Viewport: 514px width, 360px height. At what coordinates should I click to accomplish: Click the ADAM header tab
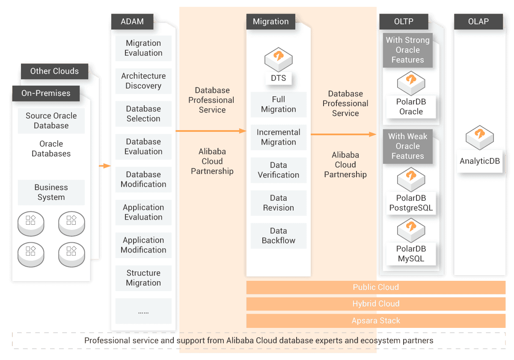tap(132, 21)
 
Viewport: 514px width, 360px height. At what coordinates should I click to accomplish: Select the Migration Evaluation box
tap(143, 48)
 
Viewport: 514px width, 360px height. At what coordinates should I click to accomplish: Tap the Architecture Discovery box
tap(143, 81)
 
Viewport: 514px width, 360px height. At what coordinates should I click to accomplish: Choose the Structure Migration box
tap(143, 278)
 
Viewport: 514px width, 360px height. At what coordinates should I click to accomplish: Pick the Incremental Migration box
tap(278, 137)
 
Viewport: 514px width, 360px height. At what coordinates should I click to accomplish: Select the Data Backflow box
tap(278, 236)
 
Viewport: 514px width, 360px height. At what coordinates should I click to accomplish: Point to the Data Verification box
tap(278, 170)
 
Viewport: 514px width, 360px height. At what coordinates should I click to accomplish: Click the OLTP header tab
tap(404, 21)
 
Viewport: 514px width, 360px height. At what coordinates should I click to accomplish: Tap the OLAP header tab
tap(478, 21)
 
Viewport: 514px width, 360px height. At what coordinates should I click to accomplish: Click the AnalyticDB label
tap(479, 161)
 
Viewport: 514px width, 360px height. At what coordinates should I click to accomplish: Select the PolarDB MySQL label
tap(411, 254)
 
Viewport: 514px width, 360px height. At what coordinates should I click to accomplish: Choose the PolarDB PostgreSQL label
tap(411, 203)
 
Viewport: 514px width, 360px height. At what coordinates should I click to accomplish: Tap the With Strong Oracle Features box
tap(407, 50)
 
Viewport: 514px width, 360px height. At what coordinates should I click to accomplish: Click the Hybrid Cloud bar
tap(376, 304)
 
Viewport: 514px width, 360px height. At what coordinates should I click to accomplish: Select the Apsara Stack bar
tap(376, 320)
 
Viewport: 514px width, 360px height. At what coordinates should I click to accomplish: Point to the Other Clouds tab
tap(54, 71)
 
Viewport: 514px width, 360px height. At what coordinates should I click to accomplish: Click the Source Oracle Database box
tap(51, 121)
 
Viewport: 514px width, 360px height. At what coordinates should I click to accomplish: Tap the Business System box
tap(51, 192)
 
